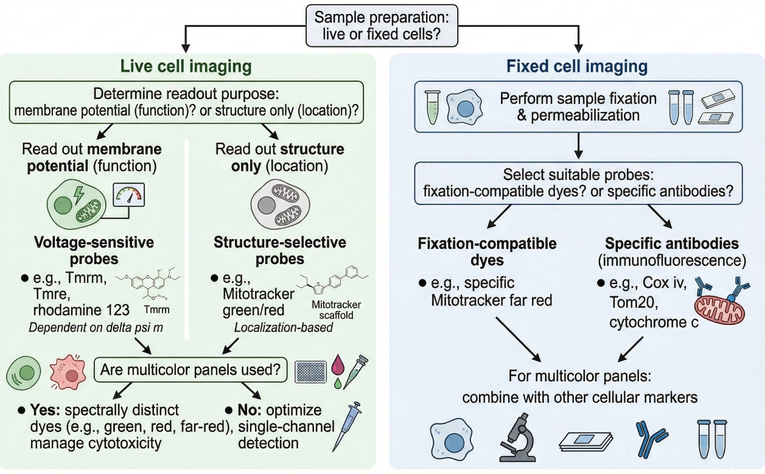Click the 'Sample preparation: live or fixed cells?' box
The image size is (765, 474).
coord(382,26)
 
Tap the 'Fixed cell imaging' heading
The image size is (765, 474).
coord(576,66)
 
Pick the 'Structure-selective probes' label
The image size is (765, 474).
coord(279,251)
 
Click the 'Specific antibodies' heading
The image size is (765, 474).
coord(671,244)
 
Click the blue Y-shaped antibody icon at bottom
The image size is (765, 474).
coord(644,439)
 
